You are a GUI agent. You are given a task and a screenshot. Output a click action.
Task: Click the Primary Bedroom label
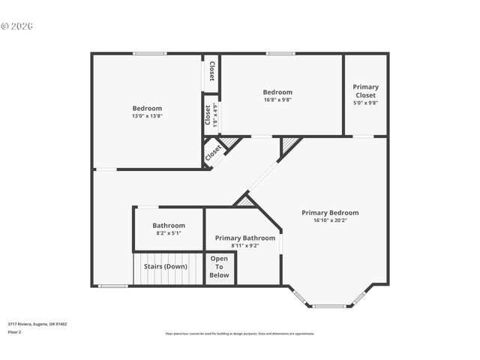330,212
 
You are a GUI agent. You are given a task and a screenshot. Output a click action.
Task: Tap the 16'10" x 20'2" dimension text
330,220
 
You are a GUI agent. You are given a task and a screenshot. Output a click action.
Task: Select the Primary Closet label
365,91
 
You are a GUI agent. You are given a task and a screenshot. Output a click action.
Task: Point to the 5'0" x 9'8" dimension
365,103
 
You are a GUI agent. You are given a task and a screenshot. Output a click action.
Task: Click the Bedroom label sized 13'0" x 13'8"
147,108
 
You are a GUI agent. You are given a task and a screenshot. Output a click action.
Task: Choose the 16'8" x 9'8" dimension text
277,100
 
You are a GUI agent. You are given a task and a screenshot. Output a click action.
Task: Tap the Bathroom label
169,225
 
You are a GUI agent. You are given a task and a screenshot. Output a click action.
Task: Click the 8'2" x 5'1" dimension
169,233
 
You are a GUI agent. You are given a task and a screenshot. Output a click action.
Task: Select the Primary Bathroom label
244,238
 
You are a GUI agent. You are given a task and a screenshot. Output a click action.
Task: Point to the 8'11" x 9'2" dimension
244,245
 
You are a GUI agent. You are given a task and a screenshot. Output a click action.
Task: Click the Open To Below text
219,267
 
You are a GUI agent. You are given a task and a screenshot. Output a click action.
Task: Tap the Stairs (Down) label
165,266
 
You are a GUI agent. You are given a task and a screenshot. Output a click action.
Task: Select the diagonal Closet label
214,151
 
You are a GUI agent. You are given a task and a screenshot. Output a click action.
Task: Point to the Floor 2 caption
15,331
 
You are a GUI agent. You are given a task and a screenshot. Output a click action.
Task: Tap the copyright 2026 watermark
16,25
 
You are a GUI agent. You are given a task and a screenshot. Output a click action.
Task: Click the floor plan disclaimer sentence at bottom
240,334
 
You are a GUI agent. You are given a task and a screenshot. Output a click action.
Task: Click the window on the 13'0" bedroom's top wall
150,53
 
